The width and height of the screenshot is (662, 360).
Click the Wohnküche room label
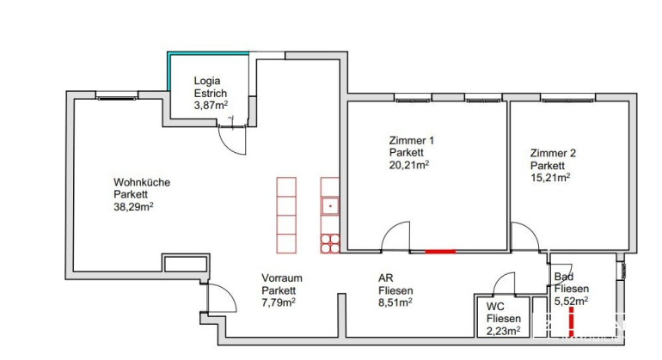point(142,182)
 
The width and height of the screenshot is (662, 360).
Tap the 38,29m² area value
point(133,207)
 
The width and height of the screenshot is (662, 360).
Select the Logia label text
point(207,81)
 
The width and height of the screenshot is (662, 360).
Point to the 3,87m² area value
point(211,105)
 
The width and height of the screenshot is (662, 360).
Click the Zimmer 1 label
point(411,140)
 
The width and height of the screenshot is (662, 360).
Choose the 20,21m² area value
point(409,165)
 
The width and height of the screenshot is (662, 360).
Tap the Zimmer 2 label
point(553,153)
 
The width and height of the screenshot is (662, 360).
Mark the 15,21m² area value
point(550,177)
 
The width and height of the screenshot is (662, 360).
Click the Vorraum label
point(282,278)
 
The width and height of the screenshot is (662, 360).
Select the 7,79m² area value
point(279,302)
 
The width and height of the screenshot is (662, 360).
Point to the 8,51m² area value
point(395,302)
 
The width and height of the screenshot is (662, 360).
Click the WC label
point(495,307)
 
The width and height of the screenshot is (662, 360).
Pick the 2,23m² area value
point(503,331)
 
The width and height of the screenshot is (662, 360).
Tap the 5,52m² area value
point(571,301)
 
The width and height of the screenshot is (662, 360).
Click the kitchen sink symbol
point(330,206)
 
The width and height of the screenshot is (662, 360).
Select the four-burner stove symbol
point(330,243)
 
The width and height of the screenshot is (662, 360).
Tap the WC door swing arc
point(500,278)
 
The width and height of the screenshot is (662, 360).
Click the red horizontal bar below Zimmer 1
point(440,252)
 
